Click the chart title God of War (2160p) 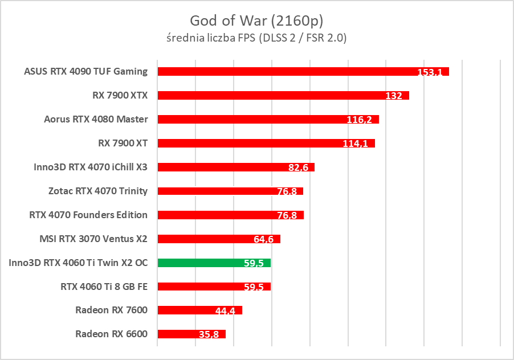click(x=258, y=21)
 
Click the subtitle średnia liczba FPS click(x=258, y=39)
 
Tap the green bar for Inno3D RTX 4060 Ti click(x=214, y=263)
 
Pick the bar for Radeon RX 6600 click(x=191, y=334)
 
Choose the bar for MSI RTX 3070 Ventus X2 click(x=219, y=239)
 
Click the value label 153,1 click(x=431, y=72)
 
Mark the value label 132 click(x=394, y=96)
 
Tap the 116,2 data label click(x=359, y=120)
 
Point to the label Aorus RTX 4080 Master click(x=96, y=119)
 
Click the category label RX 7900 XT click(x=123, y=143)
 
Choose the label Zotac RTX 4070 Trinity click(x=98, y=191)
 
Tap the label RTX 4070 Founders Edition click(x=88, y=215)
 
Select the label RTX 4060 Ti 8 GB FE click(x=104, y=287)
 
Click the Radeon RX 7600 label click(x=111, y=310)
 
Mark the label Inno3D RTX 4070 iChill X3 click(x=91, y=167)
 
